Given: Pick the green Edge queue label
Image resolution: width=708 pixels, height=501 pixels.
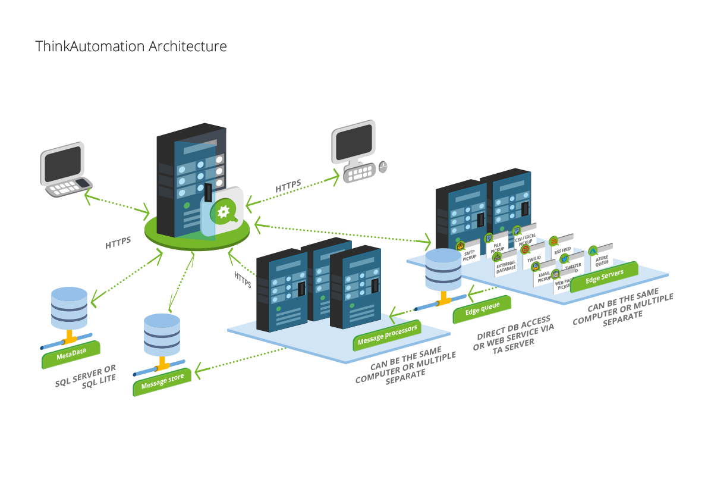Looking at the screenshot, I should [x=481, y=308].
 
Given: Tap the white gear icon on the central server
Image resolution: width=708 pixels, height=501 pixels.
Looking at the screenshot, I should [x=224, y=211].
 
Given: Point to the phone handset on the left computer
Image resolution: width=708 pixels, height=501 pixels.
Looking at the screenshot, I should [x=84, y=182].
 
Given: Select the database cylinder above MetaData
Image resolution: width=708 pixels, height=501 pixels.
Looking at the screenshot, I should [x=70, y=307].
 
